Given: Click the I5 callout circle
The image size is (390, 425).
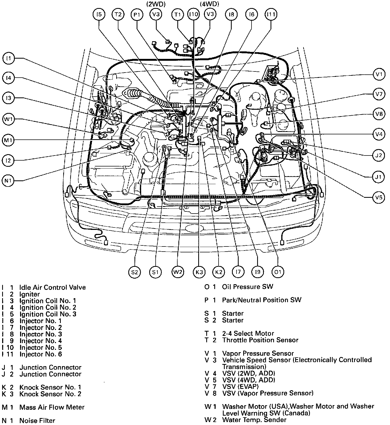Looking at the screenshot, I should [x=99, y=14].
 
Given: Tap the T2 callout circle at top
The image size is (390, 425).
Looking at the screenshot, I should [x=118, y=14].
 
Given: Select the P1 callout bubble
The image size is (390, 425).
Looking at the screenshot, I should [x=137, y=14].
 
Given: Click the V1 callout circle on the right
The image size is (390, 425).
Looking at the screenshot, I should [x=378, y=74].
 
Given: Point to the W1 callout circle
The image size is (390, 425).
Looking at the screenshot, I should [x=9, y=119].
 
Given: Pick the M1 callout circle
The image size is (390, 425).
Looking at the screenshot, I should [x=9, y=140].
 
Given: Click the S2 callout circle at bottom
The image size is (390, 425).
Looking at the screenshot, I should [x=134, y=272].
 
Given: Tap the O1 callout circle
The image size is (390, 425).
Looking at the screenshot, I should [x=277, y=272].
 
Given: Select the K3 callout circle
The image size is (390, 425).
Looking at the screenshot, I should [x=199, y=272].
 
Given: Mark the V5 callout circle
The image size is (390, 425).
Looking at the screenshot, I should [x=378, y=198].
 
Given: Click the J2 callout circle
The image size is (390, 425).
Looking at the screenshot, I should [x=378, y=155].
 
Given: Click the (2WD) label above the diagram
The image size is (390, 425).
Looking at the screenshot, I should [x=156, y=4].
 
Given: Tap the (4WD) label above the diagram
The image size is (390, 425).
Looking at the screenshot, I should [x=209, y=4].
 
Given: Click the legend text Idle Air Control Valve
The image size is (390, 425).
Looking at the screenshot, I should [x=52, y=287].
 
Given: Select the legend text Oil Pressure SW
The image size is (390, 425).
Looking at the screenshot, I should [x=247, y=287].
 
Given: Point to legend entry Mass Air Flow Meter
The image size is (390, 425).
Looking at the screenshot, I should [x=52, y=407].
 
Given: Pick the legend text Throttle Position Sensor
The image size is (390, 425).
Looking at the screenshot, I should [x=260, y=340].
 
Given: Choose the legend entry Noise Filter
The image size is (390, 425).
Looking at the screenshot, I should [x=37, y=420].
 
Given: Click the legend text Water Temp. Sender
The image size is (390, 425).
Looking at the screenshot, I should [x=254, y=420].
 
